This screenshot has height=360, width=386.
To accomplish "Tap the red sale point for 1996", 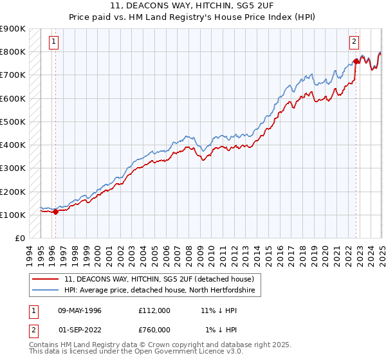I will [55, 211].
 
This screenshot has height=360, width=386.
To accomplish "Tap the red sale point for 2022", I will [356, 62].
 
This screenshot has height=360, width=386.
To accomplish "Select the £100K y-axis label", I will [13, 215].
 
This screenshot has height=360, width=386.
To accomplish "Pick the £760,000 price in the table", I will [154, 330].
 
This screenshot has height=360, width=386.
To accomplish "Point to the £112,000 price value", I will [154, 310].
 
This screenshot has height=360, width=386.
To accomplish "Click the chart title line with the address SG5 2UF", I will [193, 7].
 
